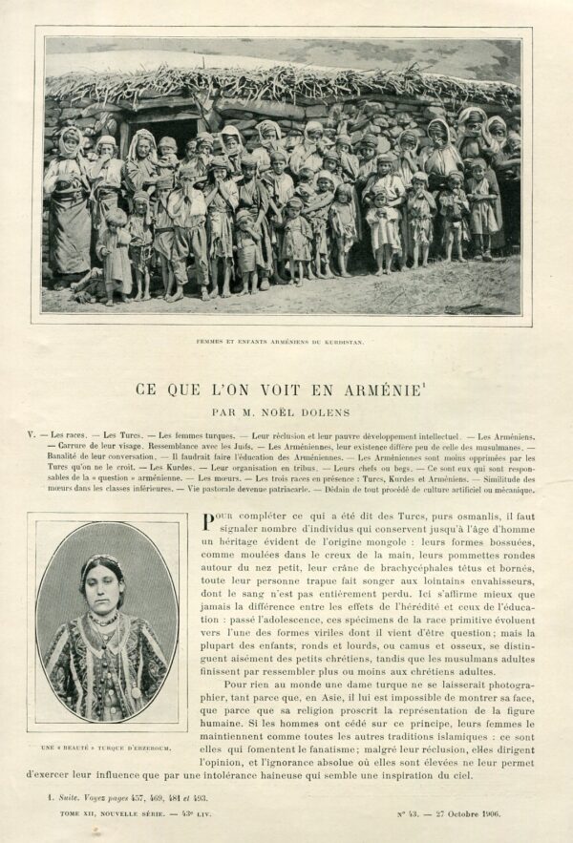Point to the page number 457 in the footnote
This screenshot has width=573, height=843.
point(123,796)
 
